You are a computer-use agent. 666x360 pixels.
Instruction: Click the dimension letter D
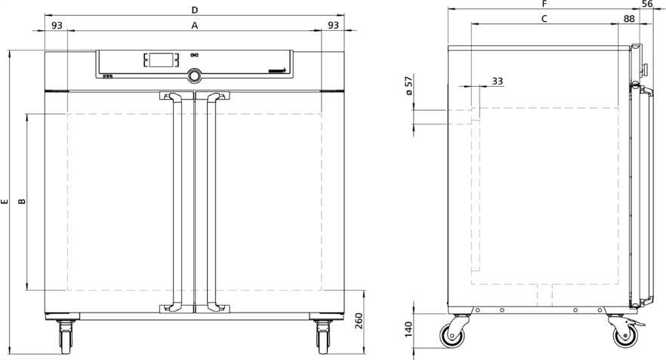[194, 10]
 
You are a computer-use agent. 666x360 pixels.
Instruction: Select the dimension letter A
[194, 26]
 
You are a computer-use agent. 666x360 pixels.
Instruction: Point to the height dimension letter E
[5, 202]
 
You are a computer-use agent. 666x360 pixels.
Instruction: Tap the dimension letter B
[22, 202]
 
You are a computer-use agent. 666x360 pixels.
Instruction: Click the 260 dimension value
[359, 322]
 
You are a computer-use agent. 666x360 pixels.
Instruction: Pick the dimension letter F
[544, 4]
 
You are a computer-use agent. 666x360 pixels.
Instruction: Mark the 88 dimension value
[629, 18]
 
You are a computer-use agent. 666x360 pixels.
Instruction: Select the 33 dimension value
[497, 80]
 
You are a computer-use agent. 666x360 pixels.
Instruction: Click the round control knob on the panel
[195, 75]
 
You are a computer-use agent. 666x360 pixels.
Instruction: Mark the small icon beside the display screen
[194, 55]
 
